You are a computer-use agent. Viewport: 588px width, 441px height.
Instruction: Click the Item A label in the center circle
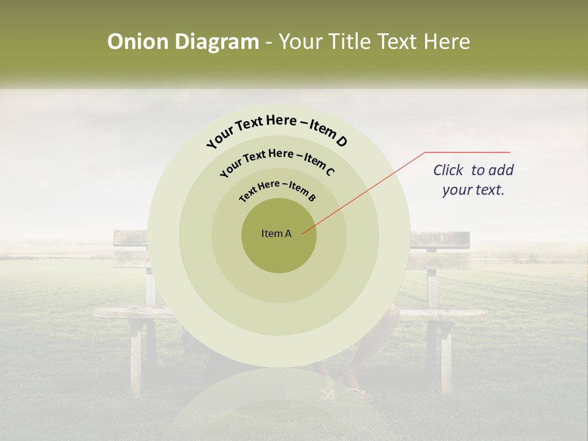[276, 233]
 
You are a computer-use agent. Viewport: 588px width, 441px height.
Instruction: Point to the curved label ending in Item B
[277, 189]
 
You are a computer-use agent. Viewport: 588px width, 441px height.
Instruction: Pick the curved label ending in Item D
[277, 130]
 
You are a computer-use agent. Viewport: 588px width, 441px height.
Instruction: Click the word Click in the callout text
[449, 170]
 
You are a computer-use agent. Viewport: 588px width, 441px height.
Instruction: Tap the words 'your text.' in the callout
[473, 190]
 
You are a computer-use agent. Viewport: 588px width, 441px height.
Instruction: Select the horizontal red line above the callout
[467, 152]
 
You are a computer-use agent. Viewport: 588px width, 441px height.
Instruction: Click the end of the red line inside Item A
[303, 232]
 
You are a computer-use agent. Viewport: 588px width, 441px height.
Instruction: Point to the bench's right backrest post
[432, 276]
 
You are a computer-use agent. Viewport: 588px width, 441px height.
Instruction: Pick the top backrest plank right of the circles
[440, 239]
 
